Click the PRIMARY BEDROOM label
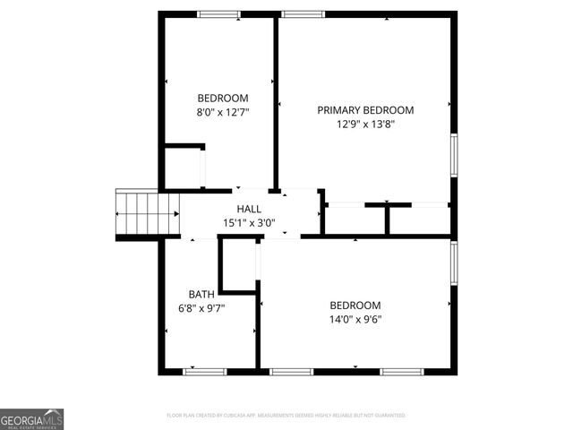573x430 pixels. tap(365, 110)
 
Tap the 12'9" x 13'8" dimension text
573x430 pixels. tap(365, 125)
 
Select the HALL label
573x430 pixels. tap(249, 209)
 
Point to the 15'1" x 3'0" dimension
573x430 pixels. tap(249, 223)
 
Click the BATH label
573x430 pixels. tap(201, 294)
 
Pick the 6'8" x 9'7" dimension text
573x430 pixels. tap(201, 308)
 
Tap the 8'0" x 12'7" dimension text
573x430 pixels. tap(223, 113)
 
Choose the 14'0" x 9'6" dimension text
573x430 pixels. tap(355, 319)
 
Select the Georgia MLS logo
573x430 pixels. tap(32, 419)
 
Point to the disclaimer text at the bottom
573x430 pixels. tap(286, 416)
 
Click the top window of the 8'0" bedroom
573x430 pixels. tap(219, 13)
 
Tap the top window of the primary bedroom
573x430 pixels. tap(304, 13)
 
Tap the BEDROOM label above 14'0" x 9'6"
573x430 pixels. tap(355, 305)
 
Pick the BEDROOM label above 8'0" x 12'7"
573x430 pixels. tap(223, 99)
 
